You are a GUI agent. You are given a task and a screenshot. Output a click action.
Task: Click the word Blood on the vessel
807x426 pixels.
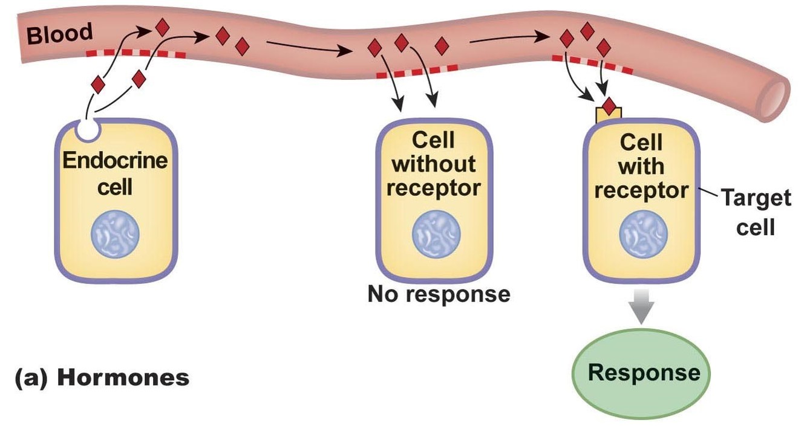(x=59, y=33)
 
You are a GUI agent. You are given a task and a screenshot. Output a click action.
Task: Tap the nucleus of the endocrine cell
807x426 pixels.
(x=115, y=233)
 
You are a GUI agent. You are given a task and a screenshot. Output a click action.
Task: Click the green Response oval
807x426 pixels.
(x=643, y=372)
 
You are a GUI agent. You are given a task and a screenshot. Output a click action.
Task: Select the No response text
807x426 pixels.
(x=439, y=294)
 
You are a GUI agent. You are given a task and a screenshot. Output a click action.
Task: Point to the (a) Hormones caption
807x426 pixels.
(x=102, y=378)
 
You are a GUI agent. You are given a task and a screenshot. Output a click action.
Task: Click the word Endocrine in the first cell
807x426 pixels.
(x=115, y=162)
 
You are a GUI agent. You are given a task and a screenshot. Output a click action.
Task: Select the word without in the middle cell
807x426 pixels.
(x=434, y=164)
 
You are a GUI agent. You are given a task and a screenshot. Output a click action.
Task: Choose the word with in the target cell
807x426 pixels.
(x=641, y=166)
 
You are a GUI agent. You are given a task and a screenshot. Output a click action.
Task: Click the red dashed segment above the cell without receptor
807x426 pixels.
(x=417, y=71)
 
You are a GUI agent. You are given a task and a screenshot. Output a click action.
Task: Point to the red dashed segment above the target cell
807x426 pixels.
(x=592, y=63)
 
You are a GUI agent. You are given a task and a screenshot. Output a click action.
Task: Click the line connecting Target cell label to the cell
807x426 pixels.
(x=708, y=194)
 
